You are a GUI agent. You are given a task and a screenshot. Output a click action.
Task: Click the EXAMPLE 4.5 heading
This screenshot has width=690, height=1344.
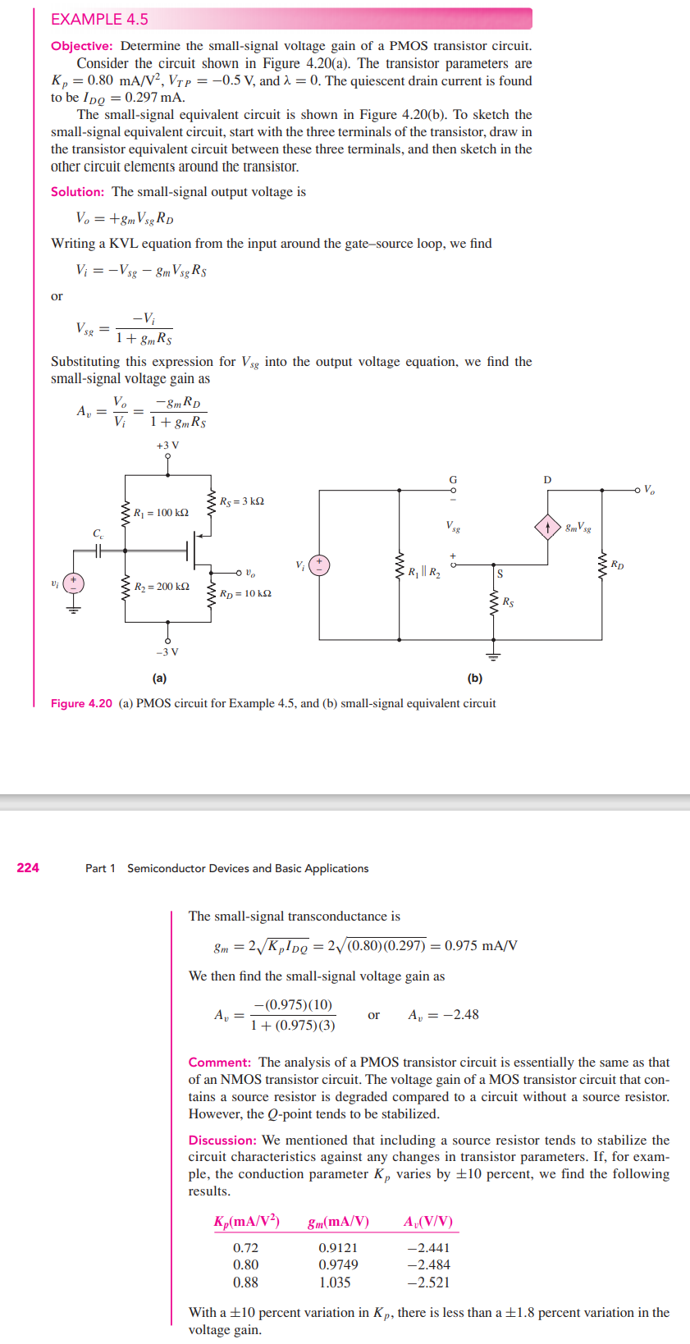click(99, 19)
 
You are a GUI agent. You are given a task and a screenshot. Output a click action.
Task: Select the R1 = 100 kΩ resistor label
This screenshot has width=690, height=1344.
click(161, 513)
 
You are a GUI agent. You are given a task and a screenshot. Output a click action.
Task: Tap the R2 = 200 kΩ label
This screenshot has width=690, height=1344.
click(162, 587)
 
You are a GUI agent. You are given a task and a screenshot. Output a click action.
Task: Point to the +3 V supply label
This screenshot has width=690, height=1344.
click(167, 446)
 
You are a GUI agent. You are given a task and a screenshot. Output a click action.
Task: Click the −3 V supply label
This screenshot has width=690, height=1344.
click(167, 652)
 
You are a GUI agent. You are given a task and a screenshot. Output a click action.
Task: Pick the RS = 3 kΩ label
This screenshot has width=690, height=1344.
click(241, 501)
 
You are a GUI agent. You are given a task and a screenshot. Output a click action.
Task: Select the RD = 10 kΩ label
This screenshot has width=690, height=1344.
click(245, 593)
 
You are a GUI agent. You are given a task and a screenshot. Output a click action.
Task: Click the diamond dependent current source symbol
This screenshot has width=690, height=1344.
click(547, 527)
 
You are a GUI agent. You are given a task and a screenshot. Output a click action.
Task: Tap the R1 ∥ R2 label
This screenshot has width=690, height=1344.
click(424, 572)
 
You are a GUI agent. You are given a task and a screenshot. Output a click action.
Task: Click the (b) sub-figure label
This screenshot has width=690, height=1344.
click(475, 679)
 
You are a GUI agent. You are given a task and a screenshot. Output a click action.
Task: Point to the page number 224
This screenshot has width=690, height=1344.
click(28, 868)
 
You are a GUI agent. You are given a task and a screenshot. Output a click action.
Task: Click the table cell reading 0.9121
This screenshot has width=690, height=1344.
click(338, 1248)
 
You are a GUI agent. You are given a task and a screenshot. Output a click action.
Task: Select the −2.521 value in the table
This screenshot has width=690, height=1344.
click(428, 1282)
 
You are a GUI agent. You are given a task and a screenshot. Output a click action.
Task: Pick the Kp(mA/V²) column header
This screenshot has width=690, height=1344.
click(246, 1222)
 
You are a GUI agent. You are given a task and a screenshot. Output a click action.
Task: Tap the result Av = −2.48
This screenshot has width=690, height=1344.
click(443, 1015)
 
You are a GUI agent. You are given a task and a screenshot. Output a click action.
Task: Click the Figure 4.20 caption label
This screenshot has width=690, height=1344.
click(81, 703)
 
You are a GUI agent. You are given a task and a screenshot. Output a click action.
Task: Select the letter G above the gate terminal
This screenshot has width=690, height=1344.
click(452, 480)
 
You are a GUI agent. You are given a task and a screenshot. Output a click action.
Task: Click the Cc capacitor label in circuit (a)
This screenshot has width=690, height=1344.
click(98, 534)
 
